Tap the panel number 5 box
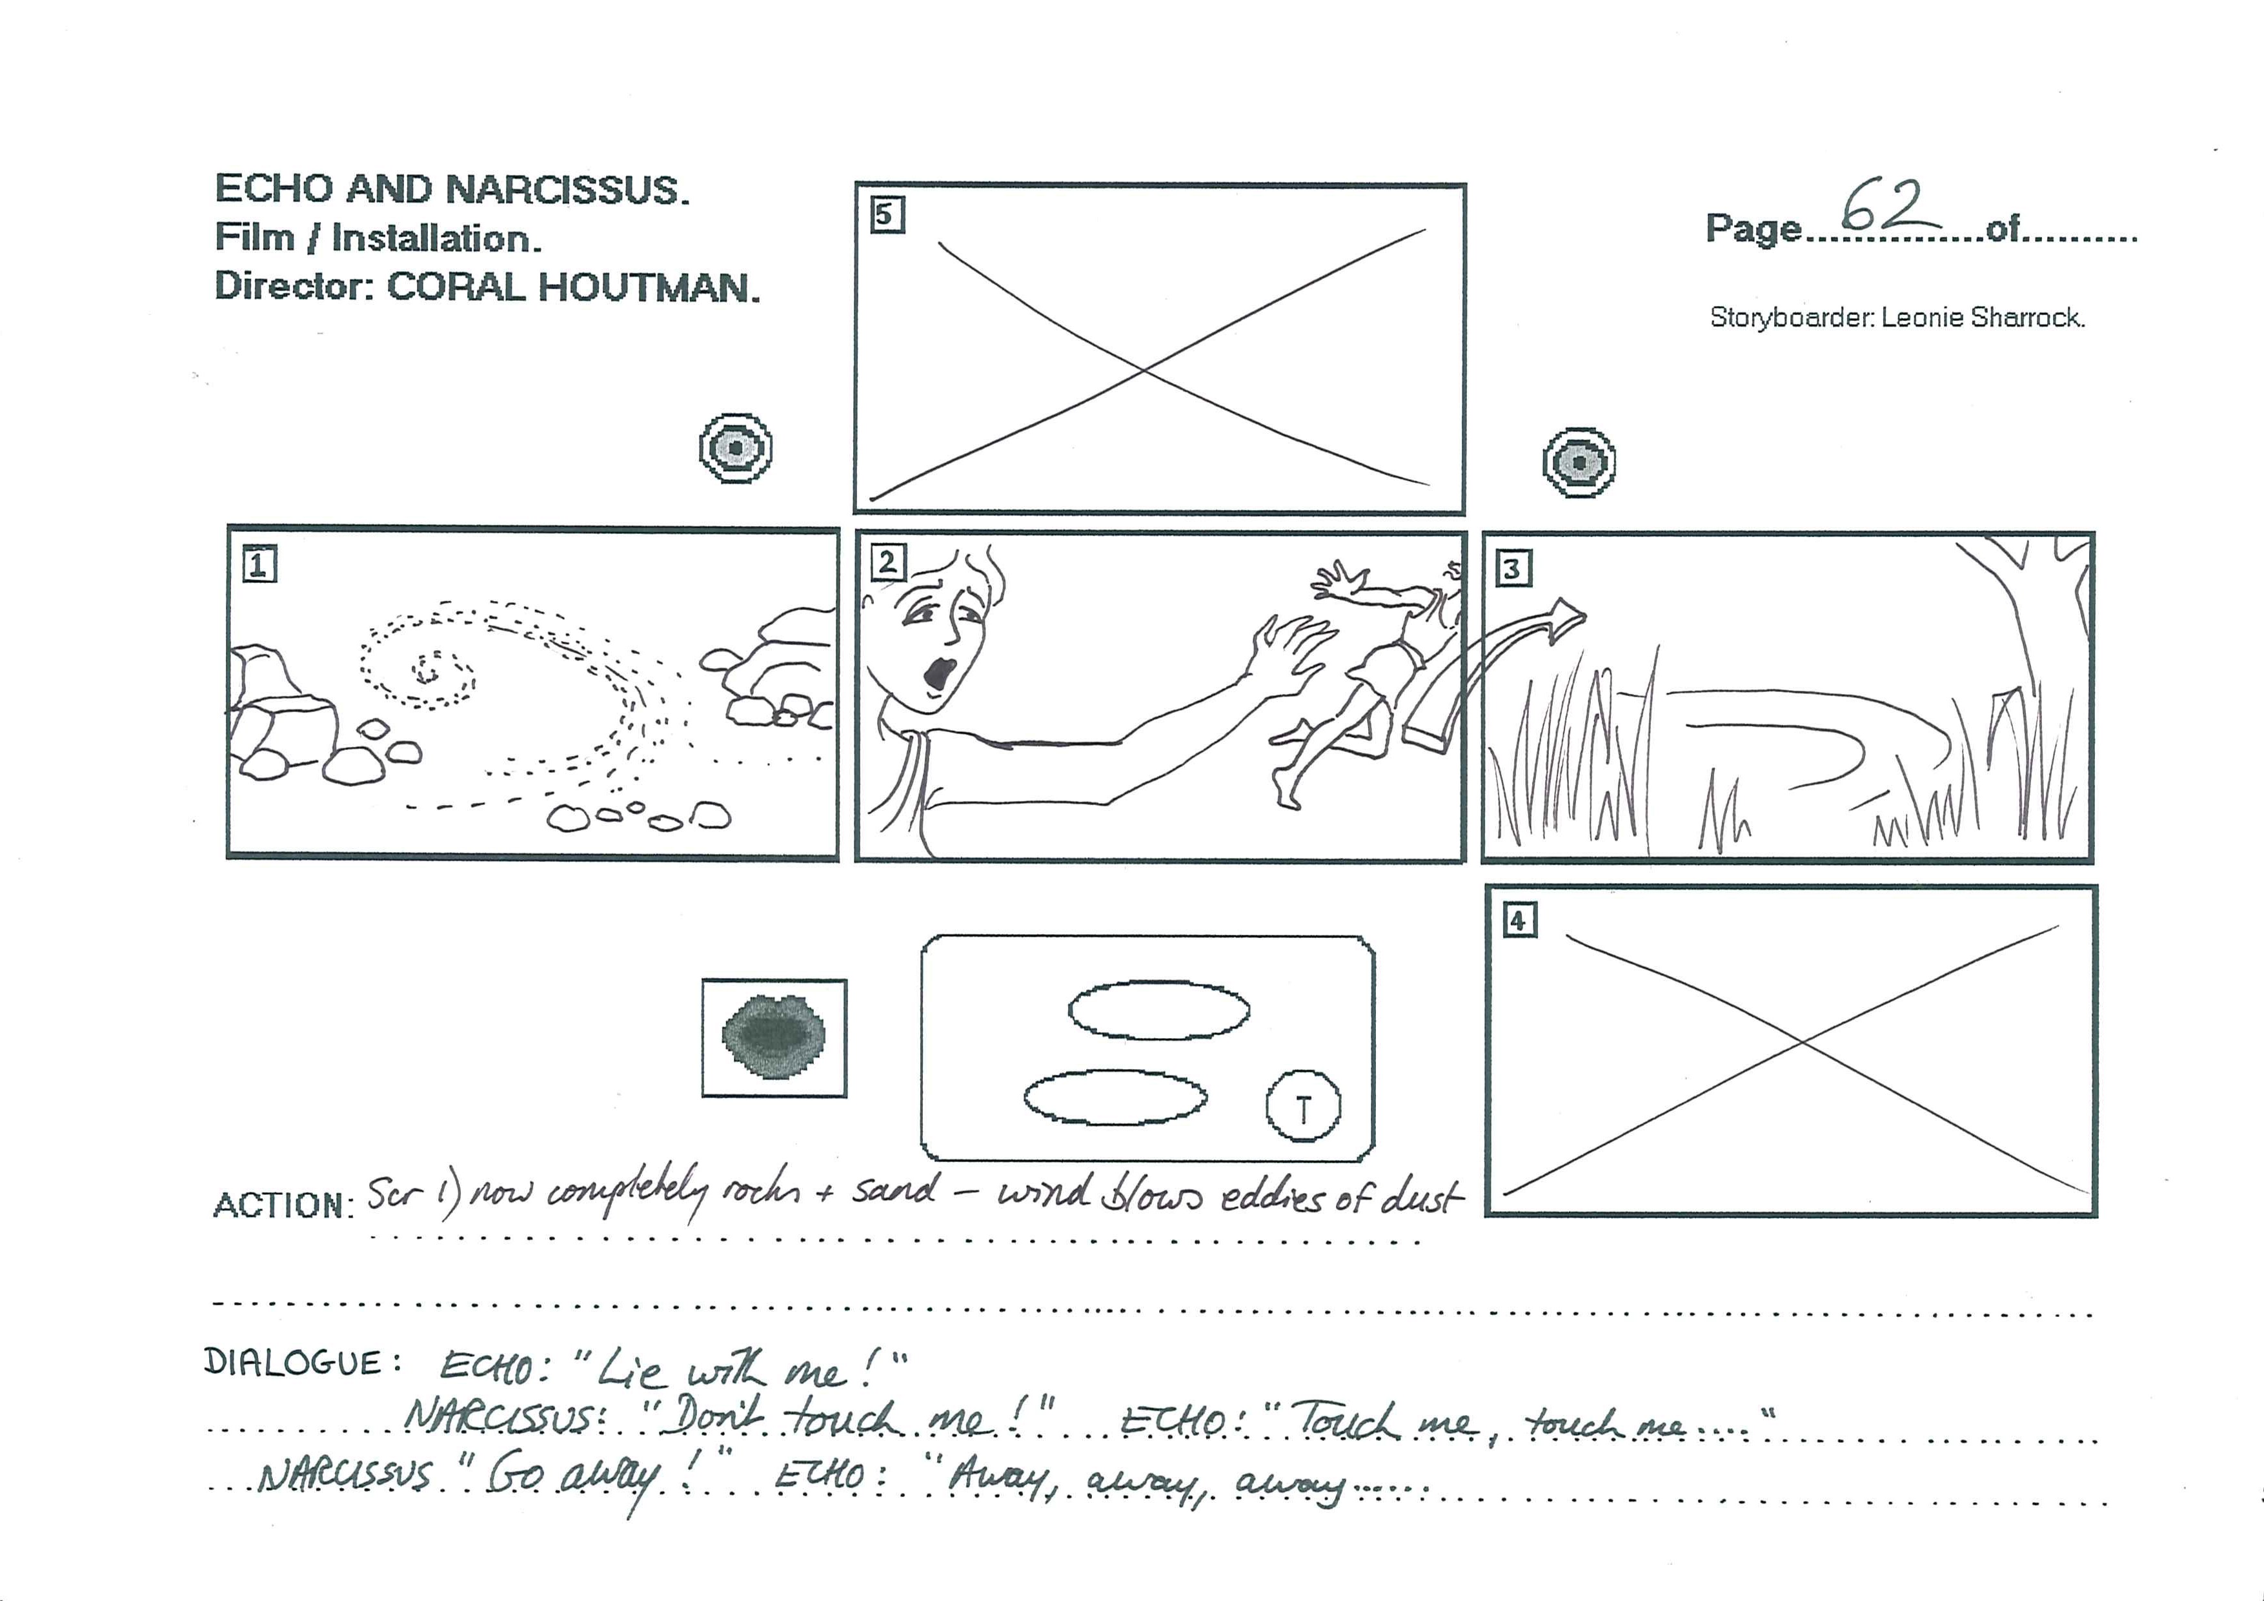tap(887, 215)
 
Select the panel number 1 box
tap(259, 566)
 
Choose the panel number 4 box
tap(1519, 921)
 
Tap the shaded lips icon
tap(774, 1035)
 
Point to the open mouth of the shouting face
tap(939, 677)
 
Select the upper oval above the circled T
tap(1158, 1010)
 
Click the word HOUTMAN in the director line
tap(649, 287)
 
